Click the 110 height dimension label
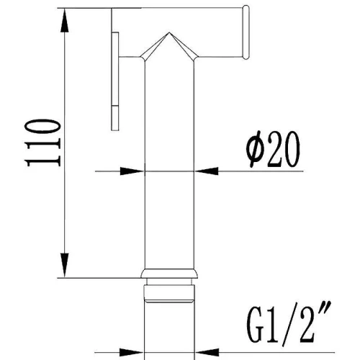click(42, 143)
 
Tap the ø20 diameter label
click(273, 149)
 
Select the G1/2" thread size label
click(289, 322)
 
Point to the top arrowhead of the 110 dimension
click(65, 21)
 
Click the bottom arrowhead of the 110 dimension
click(65, 265)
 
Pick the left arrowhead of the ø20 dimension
click(132, 171)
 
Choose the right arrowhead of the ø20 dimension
click(207, 171)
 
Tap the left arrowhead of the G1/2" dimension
click(132, 353)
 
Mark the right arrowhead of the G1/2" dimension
click(207, 353)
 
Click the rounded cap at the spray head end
click(246, 32)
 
